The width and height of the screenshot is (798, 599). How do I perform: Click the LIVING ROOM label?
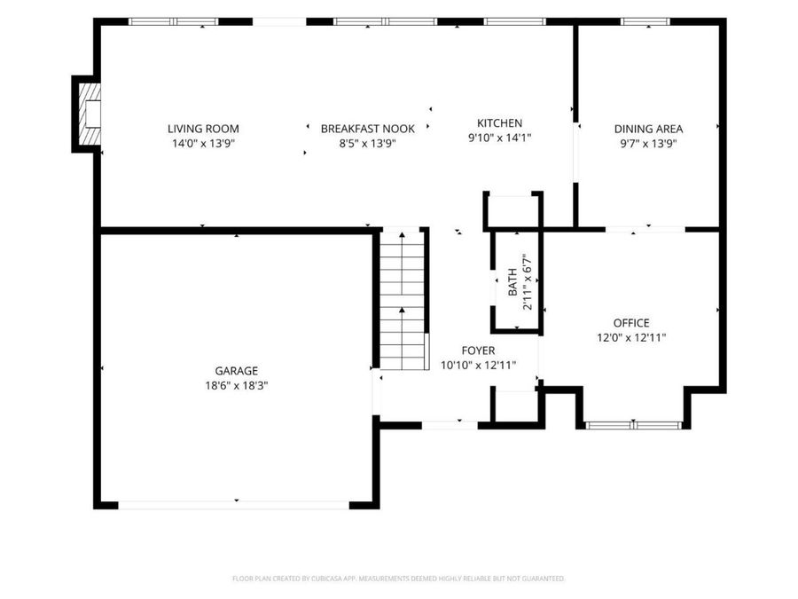click(x=203, y=129)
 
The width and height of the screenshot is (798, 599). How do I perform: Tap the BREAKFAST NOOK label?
click(x=367, y=129)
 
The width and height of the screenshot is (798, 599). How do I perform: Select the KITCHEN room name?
click(x=499, y=123)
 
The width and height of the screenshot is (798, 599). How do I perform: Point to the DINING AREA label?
click(x=648, y=129)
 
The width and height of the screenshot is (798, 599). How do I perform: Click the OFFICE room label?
click(x=631, y=323)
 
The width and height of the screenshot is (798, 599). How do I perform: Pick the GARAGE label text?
click(x=236, y=371)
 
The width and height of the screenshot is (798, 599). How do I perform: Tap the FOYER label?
click(x=478, y=351)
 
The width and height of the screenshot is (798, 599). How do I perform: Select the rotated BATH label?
click(x=512, y=282)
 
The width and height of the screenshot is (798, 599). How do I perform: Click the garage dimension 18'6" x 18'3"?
click(x=236, y=386)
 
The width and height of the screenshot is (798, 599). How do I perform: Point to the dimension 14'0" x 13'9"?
click(x=203, y=144)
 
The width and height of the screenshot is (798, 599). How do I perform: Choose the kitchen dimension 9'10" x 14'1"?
click(x=499, y=138)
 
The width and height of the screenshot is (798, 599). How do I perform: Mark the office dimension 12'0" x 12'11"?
click(x=631, y=337)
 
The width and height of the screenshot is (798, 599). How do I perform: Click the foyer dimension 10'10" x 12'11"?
click(x=478, y=366)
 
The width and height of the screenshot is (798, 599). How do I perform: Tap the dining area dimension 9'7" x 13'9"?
click(x=648, y=144)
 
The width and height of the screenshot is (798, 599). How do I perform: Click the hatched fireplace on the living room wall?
click(x=90, y=114)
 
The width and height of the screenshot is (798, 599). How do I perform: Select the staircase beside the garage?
click(x=402, y=301)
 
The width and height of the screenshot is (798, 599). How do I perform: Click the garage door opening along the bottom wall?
click(x=233, y=505)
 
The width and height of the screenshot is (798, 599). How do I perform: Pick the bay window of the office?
click(x=633, y=425)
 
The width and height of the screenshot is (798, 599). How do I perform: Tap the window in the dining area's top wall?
click(x=645, y=21)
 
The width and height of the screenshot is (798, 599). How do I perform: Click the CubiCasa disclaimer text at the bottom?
click(x=398, y=579)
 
